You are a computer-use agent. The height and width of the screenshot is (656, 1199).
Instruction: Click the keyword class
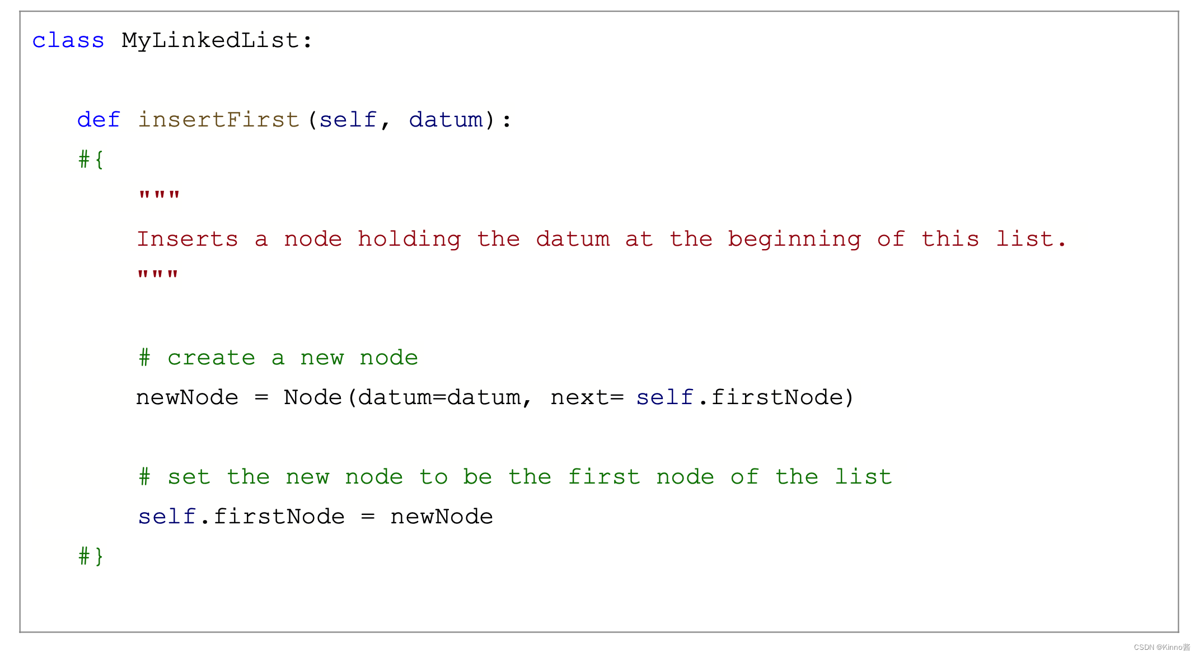68,41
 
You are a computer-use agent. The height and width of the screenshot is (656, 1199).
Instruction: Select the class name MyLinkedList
210,41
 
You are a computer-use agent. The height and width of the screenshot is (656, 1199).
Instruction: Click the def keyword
99,120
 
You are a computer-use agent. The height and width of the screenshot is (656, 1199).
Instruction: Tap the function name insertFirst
218,120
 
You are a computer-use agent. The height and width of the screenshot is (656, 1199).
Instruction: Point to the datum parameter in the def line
446,120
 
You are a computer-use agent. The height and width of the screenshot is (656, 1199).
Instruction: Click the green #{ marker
91,160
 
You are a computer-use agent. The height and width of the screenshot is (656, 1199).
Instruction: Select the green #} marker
91,556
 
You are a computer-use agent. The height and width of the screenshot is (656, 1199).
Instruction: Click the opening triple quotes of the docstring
159,196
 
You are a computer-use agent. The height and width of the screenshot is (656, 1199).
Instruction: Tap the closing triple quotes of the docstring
158,275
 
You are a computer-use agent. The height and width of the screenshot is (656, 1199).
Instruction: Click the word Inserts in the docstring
188,240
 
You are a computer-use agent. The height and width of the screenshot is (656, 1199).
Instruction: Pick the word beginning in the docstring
794,240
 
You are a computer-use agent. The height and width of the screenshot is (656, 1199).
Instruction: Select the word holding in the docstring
409,240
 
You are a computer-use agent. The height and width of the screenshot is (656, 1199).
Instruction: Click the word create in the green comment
211,358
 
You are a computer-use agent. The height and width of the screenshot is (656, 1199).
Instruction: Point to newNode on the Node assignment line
187,398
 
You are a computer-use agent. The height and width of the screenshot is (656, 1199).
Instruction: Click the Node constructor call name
312,398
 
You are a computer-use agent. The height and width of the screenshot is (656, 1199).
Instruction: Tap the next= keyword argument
587,398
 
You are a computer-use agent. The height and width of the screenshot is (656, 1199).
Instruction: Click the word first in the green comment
603,477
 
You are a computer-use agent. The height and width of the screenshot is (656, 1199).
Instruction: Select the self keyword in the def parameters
348,120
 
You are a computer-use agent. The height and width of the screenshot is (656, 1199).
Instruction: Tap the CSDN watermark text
1161,647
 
